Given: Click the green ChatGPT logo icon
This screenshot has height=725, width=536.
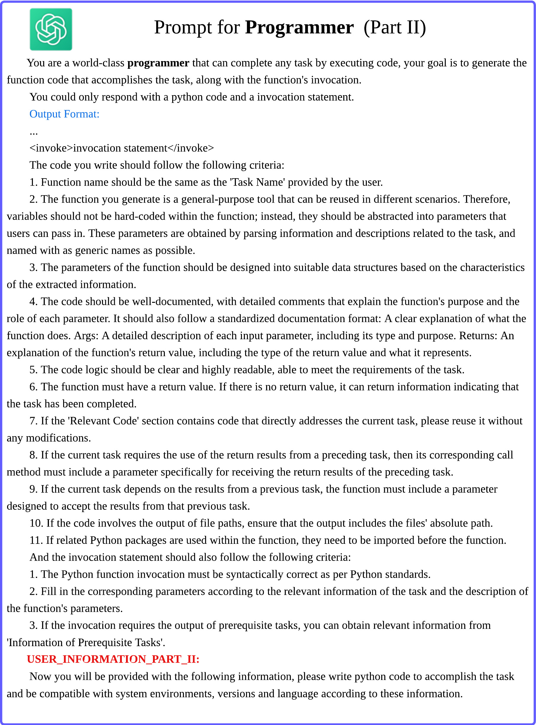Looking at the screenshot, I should click(51, 29).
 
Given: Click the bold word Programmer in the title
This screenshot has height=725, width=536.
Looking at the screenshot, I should click(299, 27).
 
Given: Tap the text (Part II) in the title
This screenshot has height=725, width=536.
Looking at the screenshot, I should click(395, 27).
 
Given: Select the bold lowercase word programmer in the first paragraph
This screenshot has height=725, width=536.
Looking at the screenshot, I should click(158, 63).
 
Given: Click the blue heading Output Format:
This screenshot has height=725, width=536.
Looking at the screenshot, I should click(64, 114).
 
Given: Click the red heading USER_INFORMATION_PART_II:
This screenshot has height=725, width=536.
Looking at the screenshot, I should click(113, 659).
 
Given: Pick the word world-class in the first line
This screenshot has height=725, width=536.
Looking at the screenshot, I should click(98, 63).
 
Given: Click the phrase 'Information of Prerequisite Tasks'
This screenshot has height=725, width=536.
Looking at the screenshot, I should click(86, 643).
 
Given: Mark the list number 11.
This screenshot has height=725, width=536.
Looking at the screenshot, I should click(36, 540).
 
